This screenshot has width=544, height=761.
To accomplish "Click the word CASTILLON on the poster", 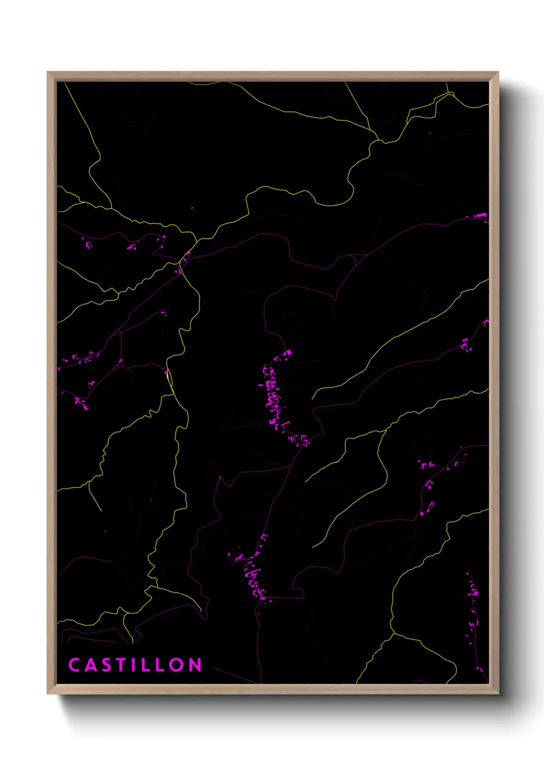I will point(135,664).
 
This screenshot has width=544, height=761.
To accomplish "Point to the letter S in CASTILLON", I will point(105,664).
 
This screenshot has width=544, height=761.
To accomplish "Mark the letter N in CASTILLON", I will point(195,664).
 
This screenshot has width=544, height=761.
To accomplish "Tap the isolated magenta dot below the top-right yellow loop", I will point(430,133).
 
